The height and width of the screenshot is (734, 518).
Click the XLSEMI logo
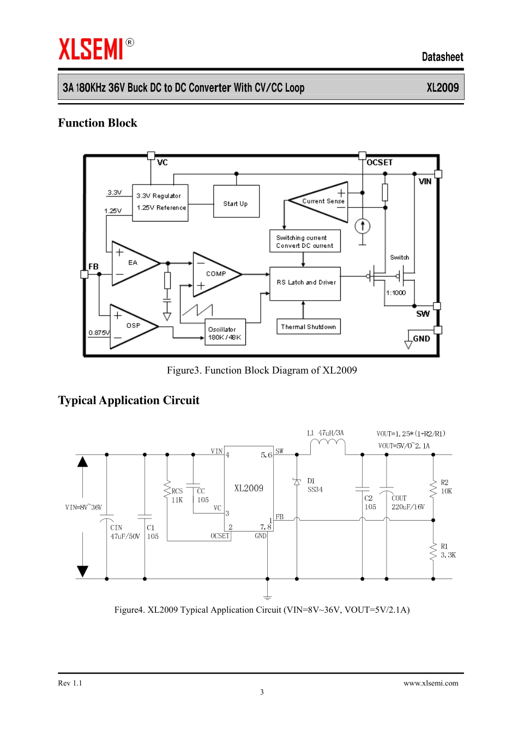tap(92, 49)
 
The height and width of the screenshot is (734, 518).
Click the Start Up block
tap(236, 201)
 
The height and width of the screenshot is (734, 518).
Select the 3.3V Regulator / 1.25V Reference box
tap(160, 202)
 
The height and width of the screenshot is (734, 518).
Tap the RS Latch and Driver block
tap(305, 283)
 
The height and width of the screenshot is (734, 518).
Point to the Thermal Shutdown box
tap(308, 326)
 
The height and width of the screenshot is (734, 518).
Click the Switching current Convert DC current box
tap(305, 241)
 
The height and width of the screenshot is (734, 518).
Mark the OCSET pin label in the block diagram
tap(380, 163)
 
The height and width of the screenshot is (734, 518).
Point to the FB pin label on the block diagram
tap(94, 266)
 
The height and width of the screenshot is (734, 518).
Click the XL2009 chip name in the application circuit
tap(249, 488)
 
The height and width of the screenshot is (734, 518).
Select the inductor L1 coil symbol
tap(327, 446)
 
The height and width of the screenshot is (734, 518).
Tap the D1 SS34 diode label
tap(315, 485)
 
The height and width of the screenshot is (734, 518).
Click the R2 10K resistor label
tap(446, 487)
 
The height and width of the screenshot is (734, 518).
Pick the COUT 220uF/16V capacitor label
tap(407, 503)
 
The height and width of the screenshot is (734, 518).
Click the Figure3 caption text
tap(262, 371)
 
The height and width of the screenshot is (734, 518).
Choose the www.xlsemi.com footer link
tap(431, 683)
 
